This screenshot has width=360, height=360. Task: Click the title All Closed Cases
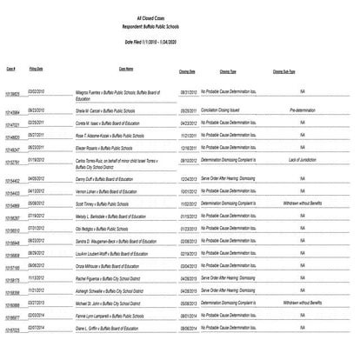179,17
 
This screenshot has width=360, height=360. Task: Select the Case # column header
11,65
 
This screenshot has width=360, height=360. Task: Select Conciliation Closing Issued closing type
229,110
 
